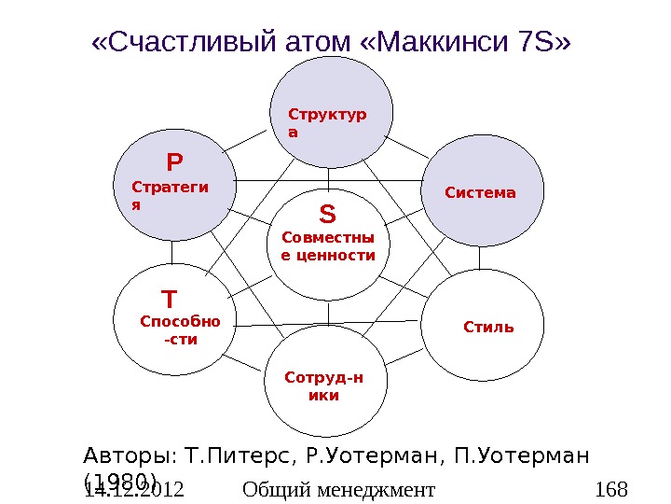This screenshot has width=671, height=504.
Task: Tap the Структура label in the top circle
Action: click(x=327, y=123)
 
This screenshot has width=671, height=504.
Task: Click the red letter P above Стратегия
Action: click(x=174, y=164)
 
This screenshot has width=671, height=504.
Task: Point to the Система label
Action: click(x=481, y=193)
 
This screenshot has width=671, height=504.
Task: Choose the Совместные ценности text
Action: click(x=328, y=246)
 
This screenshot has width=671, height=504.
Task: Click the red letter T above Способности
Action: click(x=169, y=300)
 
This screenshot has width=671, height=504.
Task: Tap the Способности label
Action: click(x=180, y=330)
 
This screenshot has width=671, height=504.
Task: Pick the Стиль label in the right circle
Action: click(x=488, y=328)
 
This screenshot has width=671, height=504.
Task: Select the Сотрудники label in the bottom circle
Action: click(x=324, y=386)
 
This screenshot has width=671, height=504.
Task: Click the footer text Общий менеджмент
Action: click(x=338, y=489)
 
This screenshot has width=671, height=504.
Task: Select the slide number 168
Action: click(x=611, y=489)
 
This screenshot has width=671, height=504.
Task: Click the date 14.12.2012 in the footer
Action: click(x=133, y=489)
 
